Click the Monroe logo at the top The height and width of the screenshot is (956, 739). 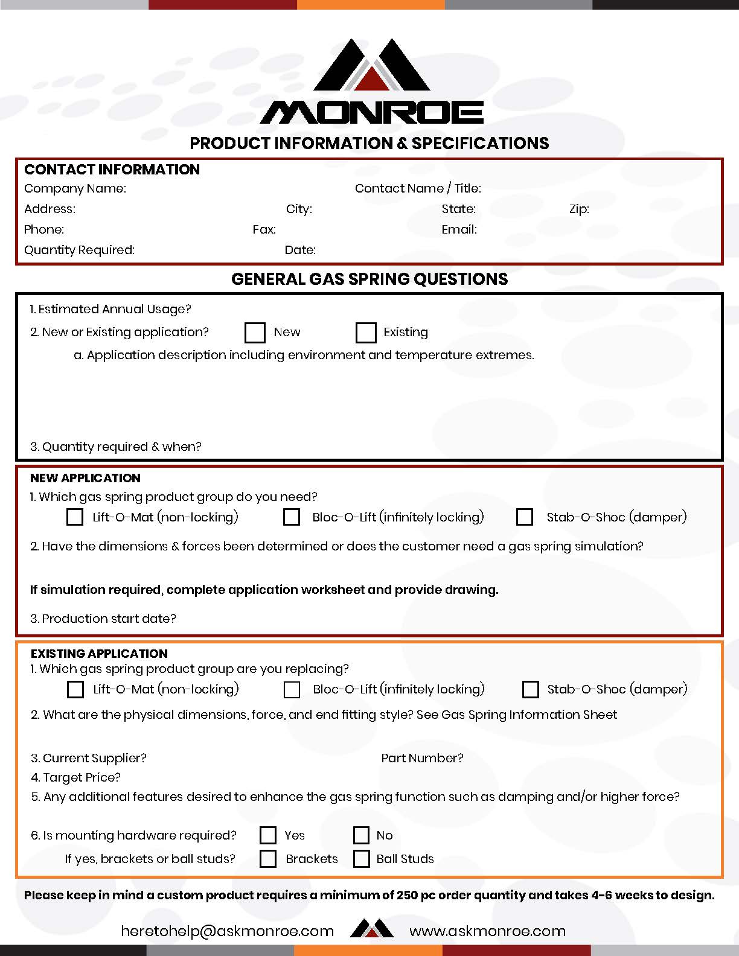[x=371, y=82]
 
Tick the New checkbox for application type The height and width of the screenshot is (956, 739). [x=255, y=333]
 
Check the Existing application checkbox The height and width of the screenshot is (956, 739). [x=366, y=333]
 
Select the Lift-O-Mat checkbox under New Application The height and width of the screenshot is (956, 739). [x=75, y=517]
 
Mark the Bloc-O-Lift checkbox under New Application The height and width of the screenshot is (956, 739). [x=292, y=517]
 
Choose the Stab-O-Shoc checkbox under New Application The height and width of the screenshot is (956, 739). [x=525, y=517]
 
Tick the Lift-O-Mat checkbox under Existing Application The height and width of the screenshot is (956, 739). [x=75, y=689]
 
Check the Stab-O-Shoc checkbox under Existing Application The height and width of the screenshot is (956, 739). [x=530, y=689]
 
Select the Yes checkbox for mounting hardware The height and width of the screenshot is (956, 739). [x=267, y=835]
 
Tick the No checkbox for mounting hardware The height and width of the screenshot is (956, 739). [x=361, y=835]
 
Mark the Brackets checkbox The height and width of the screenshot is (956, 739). [x=267, y=859]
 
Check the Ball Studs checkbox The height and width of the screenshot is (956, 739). [x=361, y=859]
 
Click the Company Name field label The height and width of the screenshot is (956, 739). [x=75, y=188]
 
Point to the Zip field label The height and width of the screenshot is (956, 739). [x=579, y=209]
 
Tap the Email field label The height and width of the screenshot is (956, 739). [x=459, y=229]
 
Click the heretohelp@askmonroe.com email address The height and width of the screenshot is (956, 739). [x=227, y=931]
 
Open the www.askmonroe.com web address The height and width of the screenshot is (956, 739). [x=487, y=931]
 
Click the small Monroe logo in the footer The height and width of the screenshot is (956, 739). [x=372, y=929]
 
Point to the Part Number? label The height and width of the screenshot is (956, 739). [x=422, y=758]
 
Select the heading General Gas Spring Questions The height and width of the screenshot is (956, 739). [x=369, y=279]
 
